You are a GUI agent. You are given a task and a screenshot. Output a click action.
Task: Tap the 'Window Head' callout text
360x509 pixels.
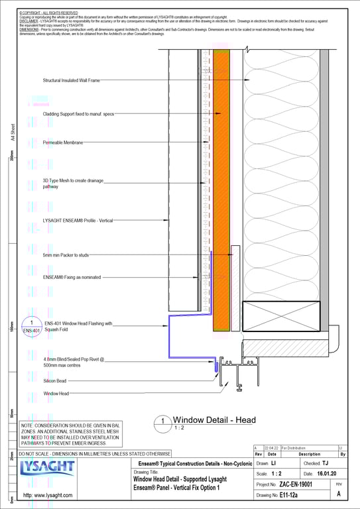(x=56, y=394)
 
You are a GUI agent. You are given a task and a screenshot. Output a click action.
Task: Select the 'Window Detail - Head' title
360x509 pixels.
(x=213, y=420)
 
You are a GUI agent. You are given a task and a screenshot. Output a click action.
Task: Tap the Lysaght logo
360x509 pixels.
(x=46, y=471)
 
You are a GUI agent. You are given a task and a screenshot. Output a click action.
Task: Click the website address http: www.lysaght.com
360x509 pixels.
(x=48, y=495)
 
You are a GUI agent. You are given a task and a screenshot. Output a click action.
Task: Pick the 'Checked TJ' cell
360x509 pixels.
(x=316, y=463)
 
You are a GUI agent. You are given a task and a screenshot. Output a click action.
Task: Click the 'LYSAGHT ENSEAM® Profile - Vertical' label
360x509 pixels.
(x=78, y=220)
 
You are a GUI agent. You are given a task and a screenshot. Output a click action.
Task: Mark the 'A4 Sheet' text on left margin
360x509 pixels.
(x=13, y=135)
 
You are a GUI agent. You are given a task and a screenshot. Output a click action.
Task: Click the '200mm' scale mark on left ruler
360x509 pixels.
(x=11, y=157)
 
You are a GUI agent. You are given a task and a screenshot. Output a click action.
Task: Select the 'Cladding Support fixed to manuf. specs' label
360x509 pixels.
(x=78, y=114)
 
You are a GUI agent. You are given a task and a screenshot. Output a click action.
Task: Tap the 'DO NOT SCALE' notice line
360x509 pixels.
(x=95, y=453)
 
